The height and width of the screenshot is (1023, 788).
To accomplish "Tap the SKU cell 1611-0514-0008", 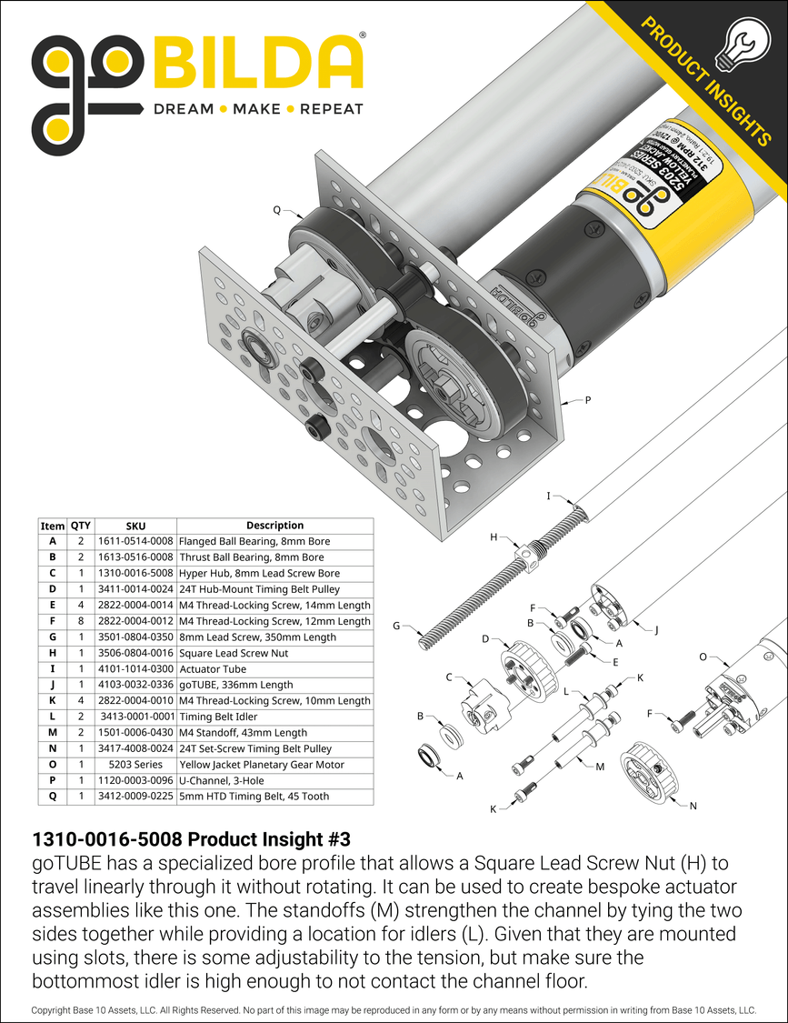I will tap(135, 541).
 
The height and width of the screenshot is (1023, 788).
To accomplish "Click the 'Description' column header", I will tap(274, 526).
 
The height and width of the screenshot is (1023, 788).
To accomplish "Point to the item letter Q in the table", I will tap(53, 797).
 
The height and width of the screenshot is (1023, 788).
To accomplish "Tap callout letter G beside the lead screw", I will tap(396, 626).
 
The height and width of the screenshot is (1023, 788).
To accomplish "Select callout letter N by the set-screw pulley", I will tap(693, 806).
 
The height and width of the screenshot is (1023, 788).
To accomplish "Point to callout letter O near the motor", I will tap(703, 655).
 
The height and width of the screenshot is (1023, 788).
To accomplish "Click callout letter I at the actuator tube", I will tap(549, 496).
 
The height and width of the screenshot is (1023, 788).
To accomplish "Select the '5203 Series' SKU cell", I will tap(135, 765).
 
